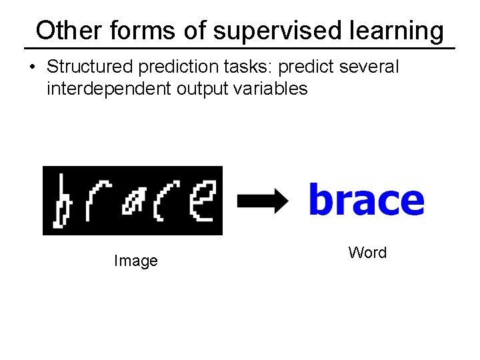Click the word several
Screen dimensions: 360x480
[x=369, y=67]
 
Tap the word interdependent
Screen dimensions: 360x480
[x=109, y=89]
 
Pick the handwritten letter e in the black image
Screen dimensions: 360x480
[x=201, y=201]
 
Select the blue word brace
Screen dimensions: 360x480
[x=366, y=199]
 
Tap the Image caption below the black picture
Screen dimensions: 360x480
[x=135, y=261]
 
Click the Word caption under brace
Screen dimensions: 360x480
[x=367, y=253]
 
